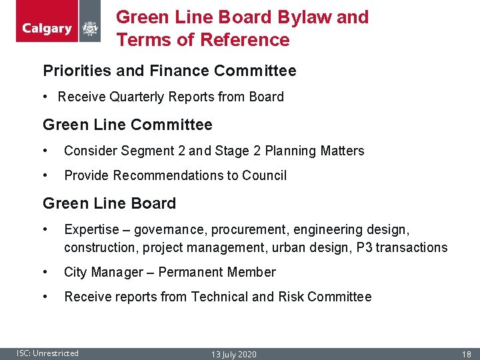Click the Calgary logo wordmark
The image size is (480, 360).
click(x=47, y=29)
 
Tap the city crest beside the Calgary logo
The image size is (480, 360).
click(x=89, y=29)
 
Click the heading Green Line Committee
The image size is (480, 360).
click(x=127, y=125)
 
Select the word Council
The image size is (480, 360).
click(x=265, y=175)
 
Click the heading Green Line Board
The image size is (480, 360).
click(x=109, y=203)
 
